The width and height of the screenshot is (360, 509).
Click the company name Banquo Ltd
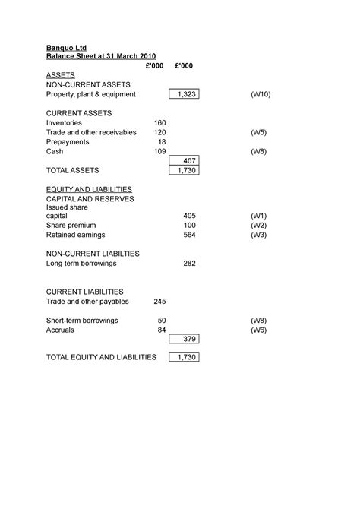coord(67,46)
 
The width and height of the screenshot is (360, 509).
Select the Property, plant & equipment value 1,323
coord(184,94)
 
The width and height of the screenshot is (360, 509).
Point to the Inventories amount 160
coord(159,122)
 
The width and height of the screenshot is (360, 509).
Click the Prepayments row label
coord(68,141)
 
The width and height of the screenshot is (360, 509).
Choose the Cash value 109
coord(159,151)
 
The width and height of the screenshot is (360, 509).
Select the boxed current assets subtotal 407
coord(189,161)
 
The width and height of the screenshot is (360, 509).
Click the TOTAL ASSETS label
coord(72,170)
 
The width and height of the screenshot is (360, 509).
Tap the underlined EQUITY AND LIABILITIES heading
coord(89,189)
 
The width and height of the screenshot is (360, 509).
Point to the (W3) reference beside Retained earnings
coord(259,236)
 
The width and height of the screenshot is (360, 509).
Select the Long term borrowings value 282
coord(189,264)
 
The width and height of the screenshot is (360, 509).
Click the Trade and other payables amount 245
coord(159,302)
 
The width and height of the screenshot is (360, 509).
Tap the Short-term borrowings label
coord(82,321)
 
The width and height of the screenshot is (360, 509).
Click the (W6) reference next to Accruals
coord(259,330)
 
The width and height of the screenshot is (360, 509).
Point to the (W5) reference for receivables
coord(259,132)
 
